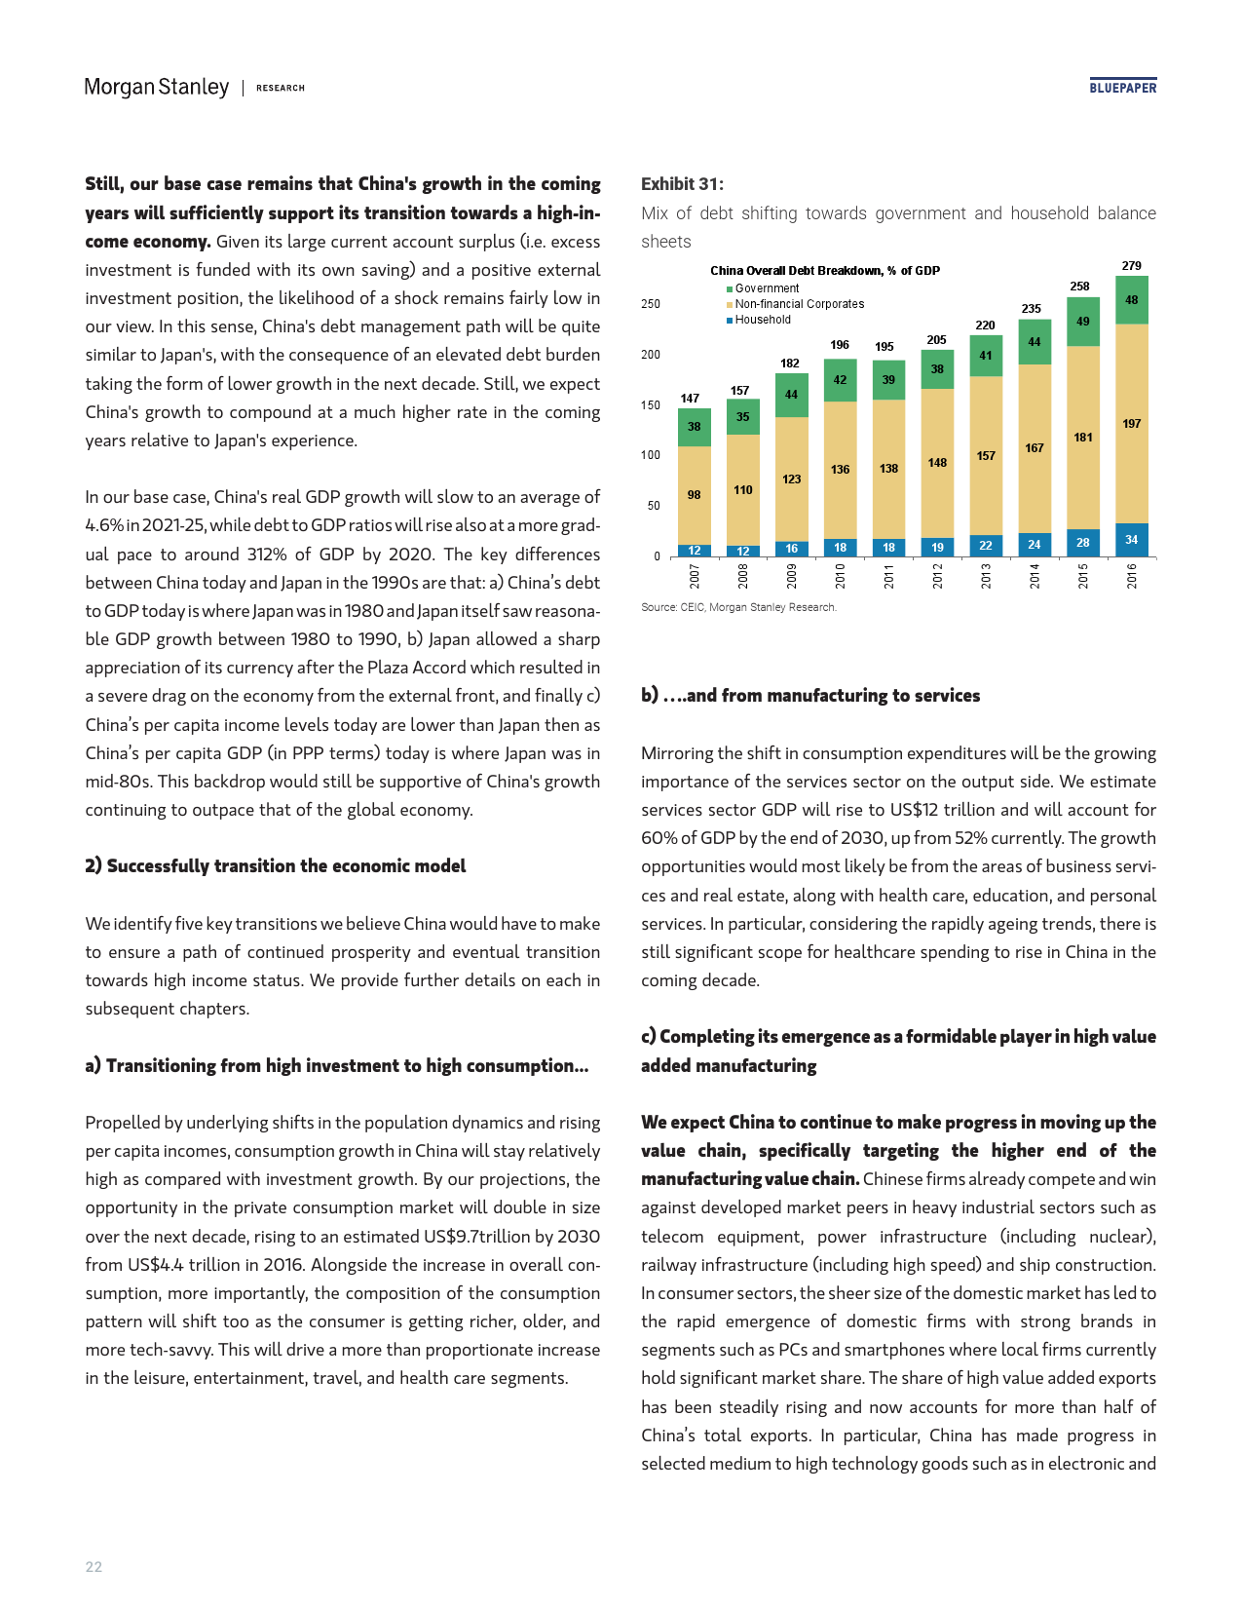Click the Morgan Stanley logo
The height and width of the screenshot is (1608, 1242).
[x=157, y=88]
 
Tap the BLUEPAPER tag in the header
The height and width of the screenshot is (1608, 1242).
[x=1122, y=88]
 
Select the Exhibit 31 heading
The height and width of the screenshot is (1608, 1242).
[x=682, y=184]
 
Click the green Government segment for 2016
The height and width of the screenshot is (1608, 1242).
[x=1131, y=300]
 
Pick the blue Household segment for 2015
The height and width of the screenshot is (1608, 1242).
[x=1082, y=543]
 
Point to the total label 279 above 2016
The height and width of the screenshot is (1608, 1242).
[x=1131, y=266]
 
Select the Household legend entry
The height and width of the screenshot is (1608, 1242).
[x=763, y=320]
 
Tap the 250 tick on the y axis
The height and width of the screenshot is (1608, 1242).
[x=651, y=304]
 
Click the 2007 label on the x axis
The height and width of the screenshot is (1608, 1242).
[x=695, y=576]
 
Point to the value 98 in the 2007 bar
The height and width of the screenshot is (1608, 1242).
[x=694, y=495]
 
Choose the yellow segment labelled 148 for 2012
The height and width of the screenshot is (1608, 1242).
[x=937, y=463]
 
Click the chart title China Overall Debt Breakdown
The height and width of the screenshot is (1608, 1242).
[x=824, y=271]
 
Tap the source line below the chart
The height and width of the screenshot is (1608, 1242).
[x=738, y=607]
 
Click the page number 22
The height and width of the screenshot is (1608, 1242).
[x=94, y=1567]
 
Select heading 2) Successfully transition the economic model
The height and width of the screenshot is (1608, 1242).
[x=276, y=866]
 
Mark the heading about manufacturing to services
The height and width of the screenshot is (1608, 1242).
[x=810, y=696]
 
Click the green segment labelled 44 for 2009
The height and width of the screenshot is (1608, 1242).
[x=791, y=395]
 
